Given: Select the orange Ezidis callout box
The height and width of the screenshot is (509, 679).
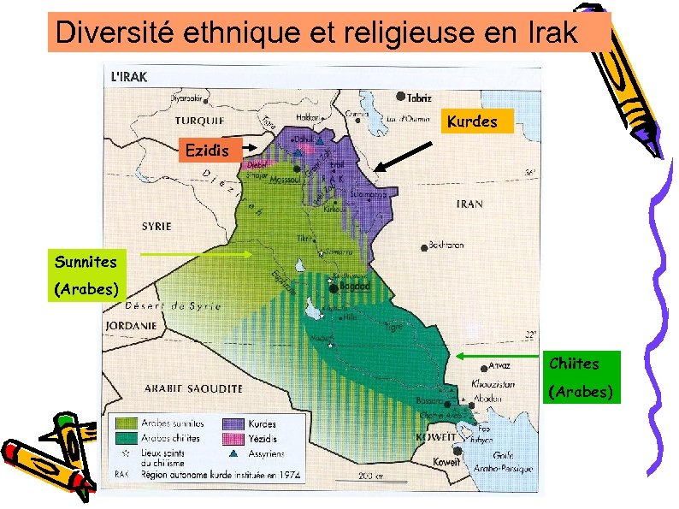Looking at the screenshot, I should (x=206, y=151).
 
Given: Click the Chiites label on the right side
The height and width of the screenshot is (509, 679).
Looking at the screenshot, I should (x=574, y=364).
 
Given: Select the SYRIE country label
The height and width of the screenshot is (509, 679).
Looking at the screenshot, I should (x=156, y=227).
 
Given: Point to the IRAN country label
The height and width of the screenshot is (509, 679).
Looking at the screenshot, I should (x=469, y=204).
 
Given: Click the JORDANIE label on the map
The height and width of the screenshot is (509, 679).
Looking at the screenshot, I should (x=130, y=325).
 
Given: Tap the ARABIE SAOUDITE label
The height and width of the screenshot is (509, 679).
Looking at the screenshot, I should (x=192, y=388).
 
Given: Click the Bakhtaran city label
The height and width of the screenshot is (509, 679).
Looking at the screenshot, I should (x=446, y=245).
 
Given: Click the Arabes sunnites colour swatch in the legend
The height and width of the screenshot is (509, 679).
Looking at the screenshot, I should (x=127, y=423).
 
